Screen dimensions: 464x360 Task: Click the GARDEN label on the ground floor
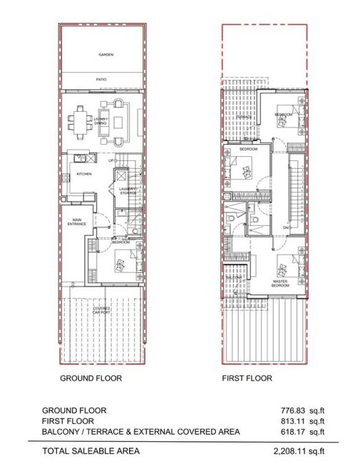(x=101, y=54)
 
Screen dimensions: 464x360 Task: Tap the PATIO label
(x=101, y=80)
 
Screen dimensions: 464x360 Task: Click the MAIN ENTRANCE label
(x=76, y=222)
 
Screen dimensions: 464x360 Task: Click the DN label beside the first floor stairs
(x=287, y=228)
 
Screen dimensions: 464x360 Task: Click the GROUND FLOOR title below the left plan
(x=91, y=378)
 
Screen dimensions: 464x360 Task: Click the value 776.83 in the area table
(x=292, y=411)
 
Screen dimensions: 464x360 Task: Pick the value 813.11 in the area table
(x=292, y=421)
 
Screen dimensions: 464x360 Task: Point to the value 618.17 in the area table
(x=292, y=432)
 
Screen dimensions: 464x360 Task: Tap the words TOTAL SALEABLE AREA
(x=91, y=450)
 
